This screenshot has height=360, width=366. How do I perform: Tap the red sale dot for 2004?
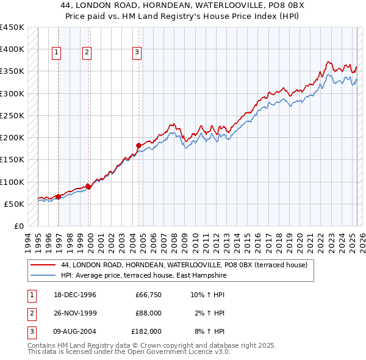(138, 145)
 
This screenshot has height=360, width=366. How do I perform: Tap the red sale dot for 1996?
(59, 196)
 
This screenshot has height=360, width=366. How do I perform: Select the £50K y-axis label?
(15, 204)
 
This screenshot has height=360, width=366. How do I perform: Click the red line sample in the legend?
(43, 265)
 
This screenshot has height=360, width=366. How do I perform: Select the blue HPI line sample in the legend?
(43, 276)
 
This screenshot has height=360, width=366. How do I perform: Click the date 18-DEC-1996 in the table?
(75, 295)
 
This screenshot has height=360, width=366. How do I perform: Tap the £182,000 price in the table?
(146, 331)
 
